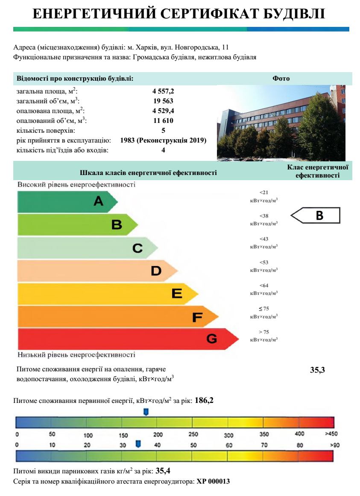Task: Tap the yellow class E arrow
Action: click(x=107, y=293)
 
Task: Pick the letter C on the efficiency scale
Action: click(x=138, y=248)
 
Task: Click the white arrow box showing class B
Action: click(x=316, y=216)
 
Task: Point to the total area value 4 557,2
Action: click(x=163, y=91)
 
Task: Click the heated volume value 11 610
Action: click(x=163, y=120)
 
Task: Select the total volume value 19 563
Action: click(x=163, y=101)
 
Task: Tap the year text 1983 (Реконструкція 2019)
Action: click(x=163, y=140)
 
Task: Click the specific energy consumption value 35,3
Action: click(x=317, y=370)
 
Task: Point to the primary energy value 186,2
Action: click(x=204, y=400)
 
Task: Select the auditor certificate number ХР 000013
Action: click(x=213, y=481)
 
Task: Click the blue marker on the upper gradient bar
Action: click(x=146, y=411)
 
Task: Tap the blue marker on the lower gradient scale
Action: click(x=138, y=444)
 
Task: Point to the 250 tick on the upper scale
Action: click(x=193, y=435)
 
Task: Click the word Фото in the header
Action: click(x=281, y=79)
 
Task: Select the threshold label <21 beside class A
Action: click(x=264, y=193)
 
